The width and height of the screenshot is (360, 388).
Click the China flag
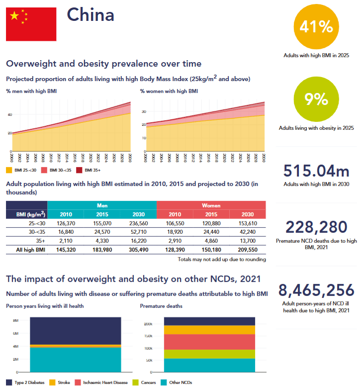coord(31,24)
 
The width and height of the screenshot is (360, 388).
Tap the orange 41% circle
coord(316,28)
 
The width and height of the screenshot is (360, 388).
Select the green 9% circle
coord(316,100)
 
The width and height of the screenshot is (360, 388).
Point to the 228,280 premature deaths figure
coord(316,227)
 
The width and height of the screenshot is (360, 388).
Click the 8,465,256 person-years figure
coord(316,290)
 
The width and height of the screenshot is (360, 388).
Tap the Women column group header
coord(211,205)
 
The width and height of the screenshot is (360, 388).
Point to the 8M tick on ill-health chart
coord(16,321)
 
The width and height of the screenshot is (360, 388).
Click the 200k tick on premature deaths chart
coord(149,324)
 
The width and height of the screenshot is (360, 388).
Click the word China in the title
coord(90,15)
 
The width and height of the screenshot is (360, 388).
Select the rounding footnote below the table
coord(221,259)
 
